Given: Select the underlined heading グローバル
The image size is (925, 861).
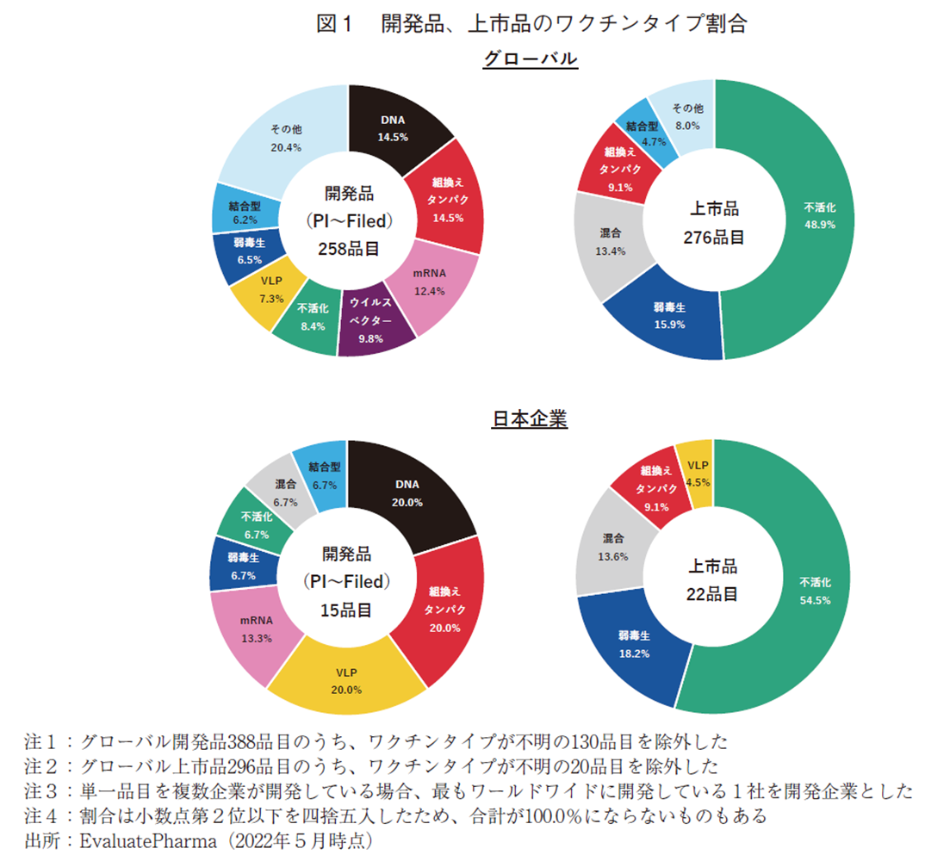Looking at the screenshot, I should pyautogui.click(x=529, y=59).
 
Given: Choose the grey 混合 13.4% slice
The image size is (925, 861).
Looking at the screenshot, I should pyautogui.click(x=611, y=241).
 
